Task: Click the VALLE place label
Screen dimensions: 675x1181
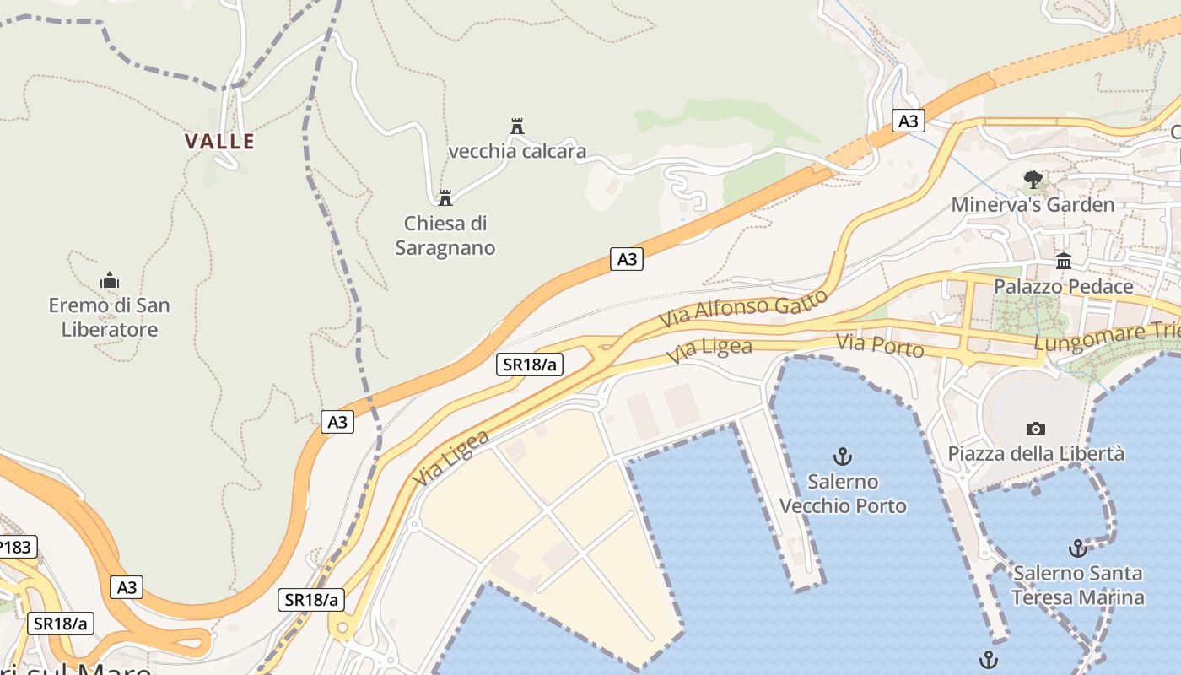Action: point(219,141)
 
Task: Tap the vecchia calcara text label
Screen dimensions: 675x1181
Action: point(517,152)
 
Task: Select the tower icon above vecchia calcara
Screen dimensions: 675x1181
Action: point(517,127)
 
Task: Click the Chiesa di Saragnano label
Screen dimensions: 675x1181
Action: point(445,235)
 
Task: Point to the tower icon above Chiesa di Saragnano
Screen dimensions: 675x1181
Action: point(445,198)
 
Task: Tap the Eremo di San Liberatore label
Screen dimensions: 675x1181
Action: point(110,317)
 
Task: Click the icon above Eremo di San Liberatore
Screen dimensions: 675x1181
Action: point(109,280)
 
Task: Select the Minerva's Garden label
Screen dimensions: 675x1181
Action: point(1033,205)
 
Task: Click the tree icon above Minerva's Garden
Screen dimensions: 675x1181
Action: point(1033,180)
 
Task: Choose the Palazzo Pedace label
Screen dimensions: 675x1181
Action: point(1063,287)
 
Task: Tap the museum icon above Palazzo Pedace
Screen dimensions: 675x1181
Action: point(1063,261)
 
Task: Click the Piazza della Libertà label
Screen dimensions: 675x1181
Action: point(1036,454)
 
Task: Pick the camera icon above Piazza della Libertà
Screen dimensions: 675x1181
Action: point(1036,429)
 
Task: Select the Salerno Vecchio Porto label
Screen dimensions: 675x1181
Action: point(843,494)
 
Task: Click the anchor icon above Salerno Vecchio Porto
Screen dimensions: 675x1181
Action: point(842,457)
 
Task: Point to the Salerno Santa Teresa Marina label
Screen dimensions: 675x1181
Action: point(1078,586)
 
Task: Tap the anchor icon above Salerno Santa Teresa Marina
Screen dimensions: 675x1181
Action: point(1077,549)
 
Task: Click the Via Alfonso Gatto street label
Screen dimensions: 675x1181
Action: point(742,309)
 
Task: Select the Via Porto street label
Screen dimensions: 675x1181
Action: point(880,346)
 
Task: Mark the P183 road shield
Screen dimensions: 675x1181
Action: point(15,547)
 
